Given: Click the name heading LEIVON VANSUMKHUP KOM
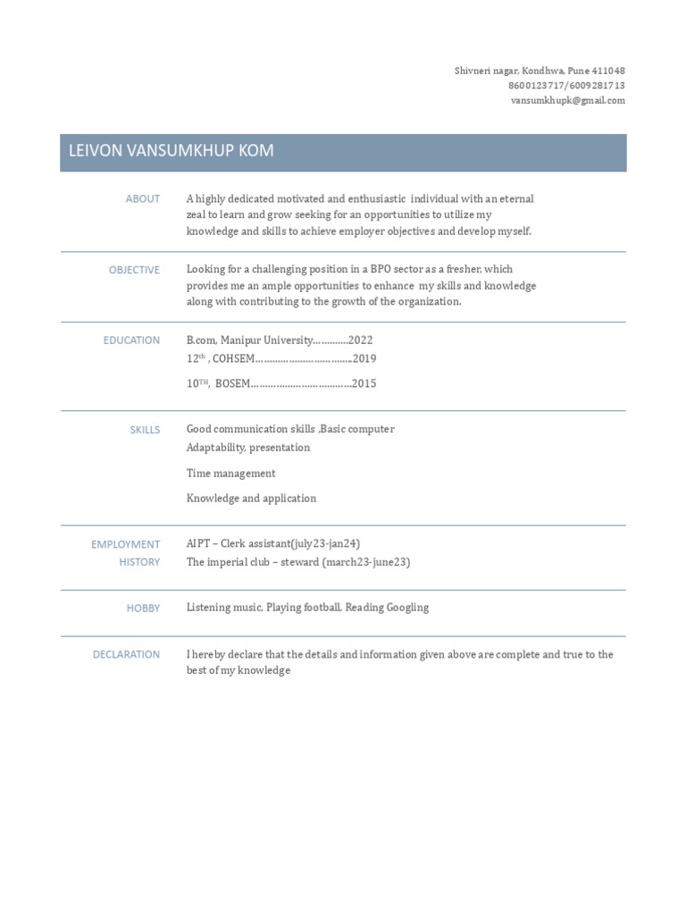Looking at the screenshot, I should pos(171,152).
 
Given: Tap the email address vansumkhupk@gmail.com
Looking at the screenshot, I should pos(567,101).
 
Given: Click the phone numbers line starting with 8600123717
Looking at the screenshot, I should pos(566,86).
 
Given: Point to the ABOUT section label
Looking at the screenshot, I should pos(143,199).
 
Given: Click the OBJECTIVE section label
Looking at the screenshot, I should pos(134,270).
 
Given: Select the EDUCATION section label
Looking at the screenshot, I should pos(131,340).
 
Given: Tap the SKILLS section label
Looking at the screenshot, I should pos(145,430).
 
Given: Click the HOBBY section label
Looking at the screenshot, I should pos(143,609).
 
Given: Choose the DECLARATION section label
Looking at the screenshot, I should pos(126,655).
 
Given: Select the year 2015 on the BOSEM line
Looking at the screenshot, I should pos(364,384).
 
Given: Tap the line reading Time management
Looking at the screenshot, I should pos(230,474).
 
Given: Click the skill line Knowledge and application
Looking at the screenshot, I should pos(251,499).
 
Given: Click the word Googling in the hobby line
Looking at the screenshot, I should pos(407,608).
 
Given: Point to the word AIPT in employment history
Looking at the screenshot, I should pos(199,543).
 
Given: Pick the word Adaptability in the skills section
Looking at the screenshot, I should pos(215,448).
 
